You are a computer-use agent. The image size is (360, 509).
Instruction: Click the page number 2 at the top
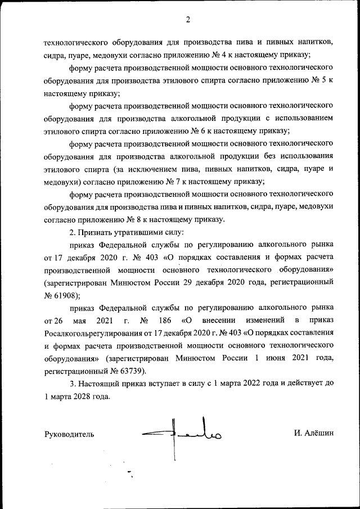point(188,20)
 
